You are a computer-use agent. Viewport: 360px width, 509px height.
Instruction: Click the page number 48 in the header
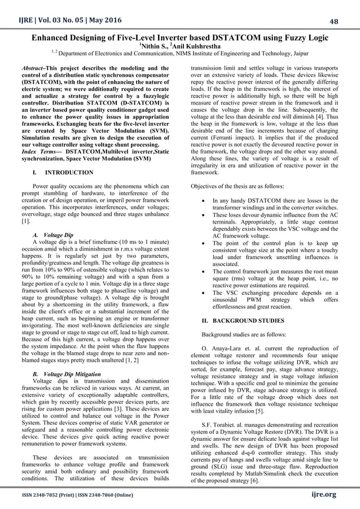coord(349,21)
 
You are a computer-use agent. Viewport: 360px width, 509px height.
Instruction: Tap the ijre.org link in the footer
coord(323,494)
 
